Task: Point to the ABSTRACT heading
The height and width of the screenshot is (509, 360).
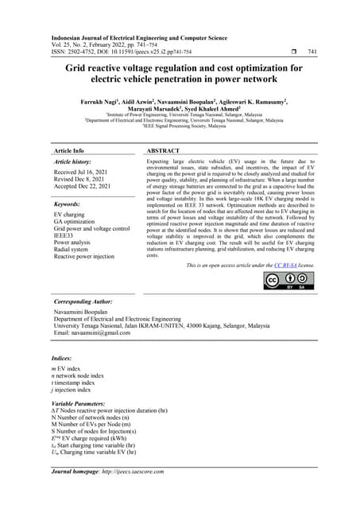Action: point(164,150)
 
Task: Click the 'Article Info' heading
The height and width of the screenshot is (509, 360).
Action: point(68,150)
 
